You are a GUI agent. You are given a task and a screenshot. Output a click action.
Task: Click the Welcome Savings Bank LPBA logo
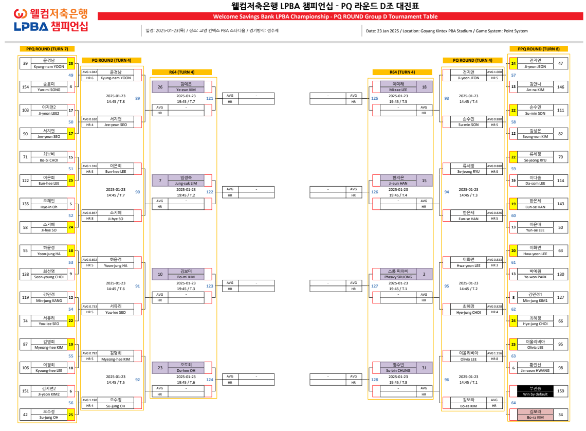pyautogui.click(x=51, y=20)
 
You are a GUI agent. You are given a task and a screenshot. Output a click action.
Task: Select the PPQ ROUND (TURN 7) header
pyautogui.click(x=47, y=49)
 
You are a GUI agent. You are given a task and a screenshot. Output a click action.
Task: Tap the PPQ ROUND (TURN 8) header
pyautogui.click(x=538, y=49)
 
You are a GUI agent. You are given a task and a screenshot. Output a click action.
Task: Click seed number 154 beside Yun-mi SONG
pyautogui.click(x=25, y=87)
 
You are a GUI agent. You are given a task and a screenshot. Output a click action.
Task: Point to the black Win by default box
pyautogui.click(x=535, y=391)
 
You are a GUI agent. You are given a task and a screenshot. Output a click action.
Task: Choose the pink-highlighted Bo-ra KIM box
pyautogui.click(x=535, y=415)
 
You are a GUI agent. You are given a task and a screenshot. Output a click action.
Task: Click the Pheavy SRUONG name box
pyautogui.click(x=398, y=274)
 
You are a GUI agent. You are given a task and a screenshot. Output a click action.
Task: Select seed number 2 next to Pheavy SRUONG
pyautogui.click(x=424, y=274)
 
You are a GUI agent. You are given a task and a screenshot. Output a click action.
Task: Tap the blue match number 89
pyautogui.click(x=137, y=98)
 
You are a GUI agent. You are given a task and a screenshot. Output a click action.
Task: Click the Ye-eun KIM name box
pyautogui.click(x=186, y=87)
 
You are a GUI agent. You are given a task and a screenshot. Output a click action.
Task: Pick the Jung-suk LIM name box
pyautogui.click(x=186, y=181)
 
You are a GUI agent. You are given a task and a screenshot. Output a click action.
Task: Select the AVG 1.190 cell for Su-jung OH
pyautogui.click(x=89, y=400)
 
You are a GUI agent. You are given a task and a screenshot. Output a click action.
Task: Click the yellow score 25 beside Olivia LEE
pyautogui.click(x=513, y=345)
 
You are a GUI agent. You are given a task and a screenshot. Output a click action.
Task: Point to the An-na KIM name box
pyautogui.click(x=535, y=87)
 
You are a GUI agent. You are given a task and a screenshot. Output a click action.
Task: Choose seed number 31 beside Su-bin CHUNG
pyautogui.click(x=424, y=368)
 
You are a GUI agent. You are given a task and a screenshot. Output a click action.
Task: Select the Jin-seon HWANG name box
pyautogui.click(x=535, y=368)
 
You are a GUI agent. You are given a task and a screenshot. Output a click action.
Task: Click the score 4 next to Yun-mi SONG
pyautogui.click(x=71, y=87)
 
